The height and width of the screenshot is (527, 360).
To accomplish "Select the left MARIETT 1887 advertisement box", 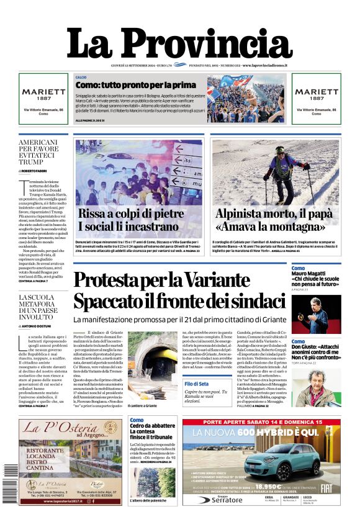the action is [x=43, y=98].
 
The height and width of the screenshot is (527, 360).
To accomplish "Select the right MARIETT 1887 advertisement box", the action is [x=317, y=98].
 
